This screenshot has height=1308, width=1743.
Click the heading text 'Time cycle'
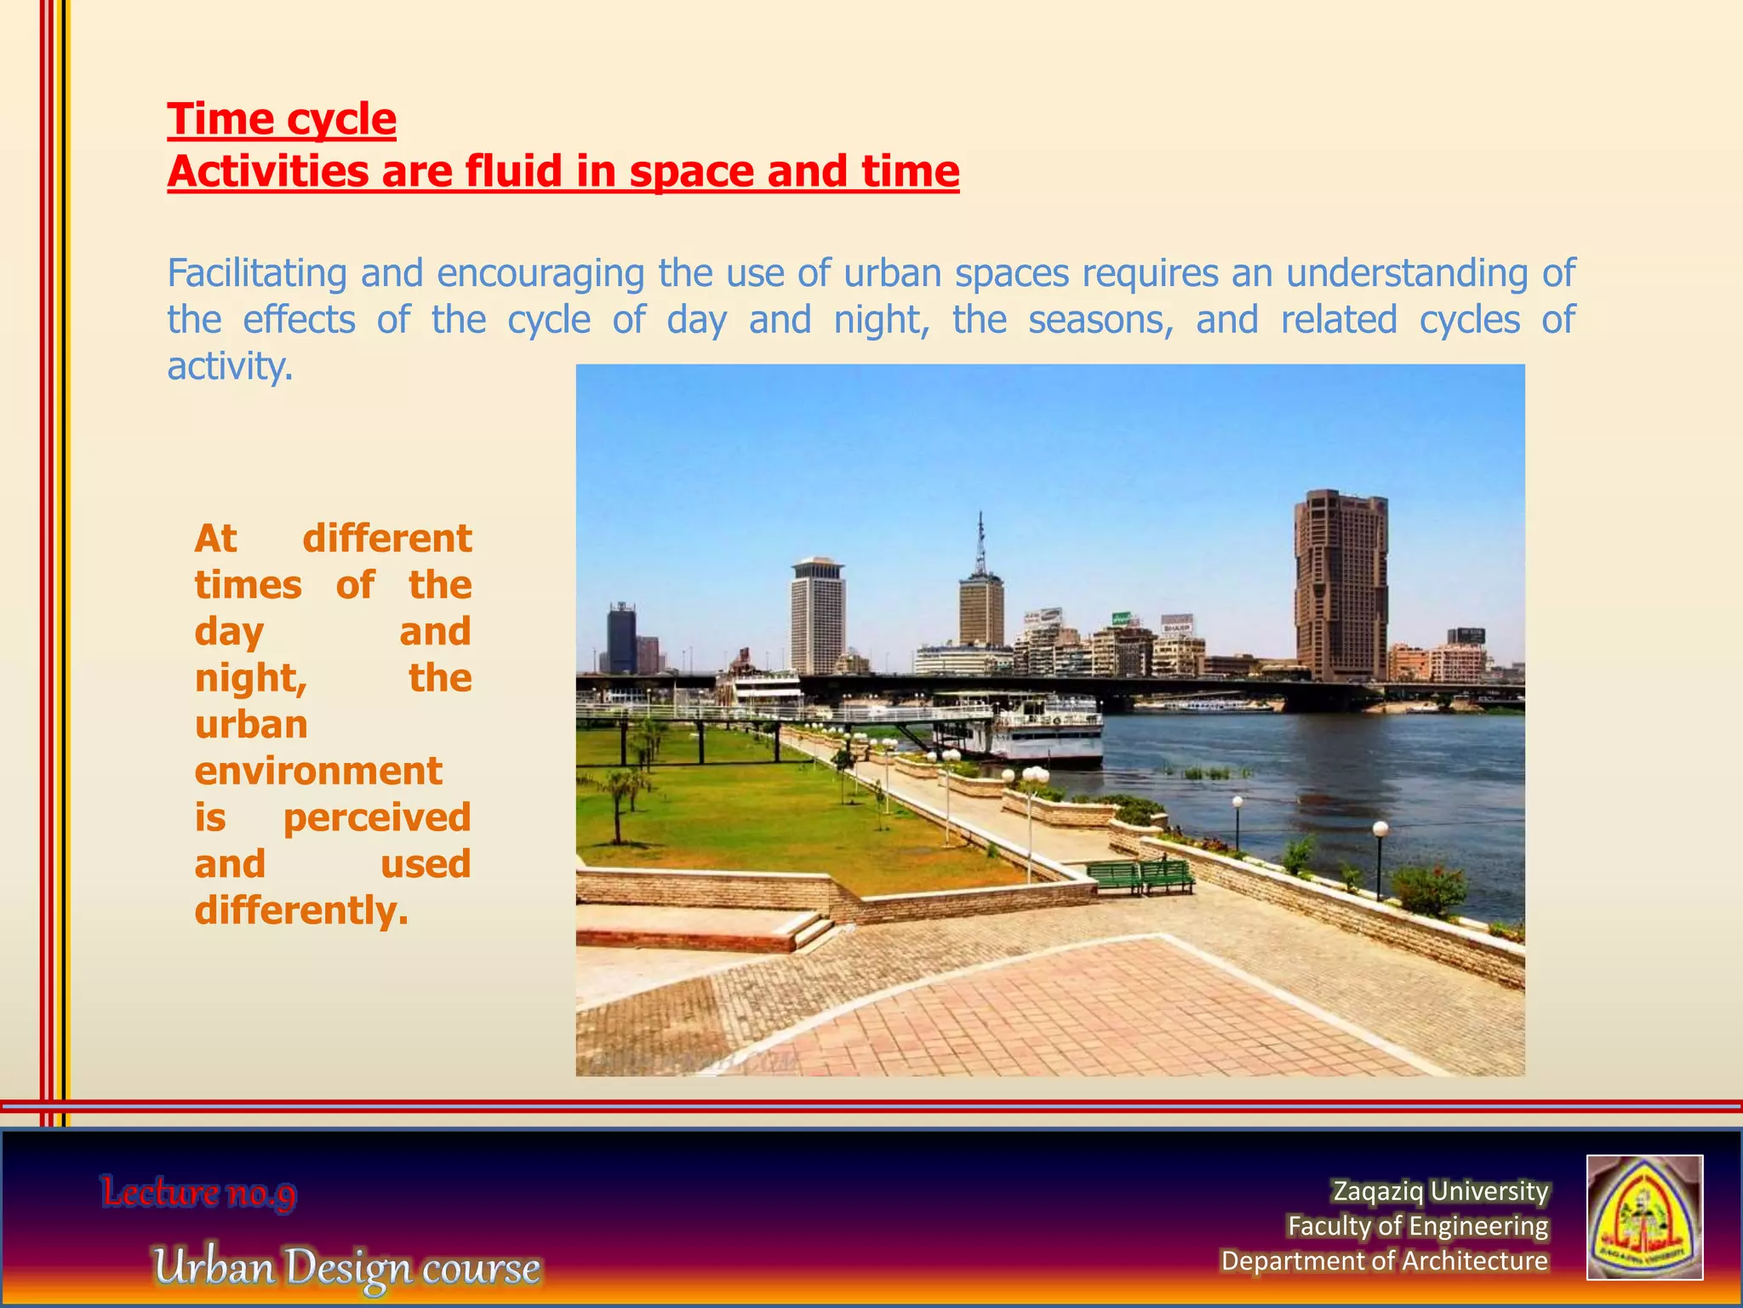tap(281, 118)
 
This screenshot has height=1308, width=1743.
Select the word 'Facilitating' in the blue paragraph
tap(256, 273)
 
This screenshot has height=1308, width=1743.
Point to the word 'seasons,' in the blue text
tap(1100, 320)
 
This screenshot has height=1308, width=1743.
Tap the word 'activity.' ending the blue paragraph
tap(230, 367)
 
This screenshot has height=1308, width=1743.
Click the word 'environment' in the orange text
tap(317, 771)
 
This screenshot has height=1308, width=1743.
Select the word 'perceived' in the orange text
tap(376, 817)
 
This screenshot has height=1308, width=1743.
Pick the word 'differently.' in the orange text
tap(301, 910)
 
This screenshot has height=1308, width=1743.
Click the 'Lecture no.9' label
tap(198, 1192)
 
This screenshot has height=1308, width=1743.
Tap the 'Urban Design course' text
tap(346, 1266)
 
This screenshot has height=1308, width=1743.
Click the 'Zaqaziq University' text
tap(1440, 1190)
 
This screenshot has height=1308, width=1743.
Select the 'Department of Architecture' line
tap(1384, 1260)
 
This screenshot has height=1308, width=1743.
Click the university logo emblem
tap(1643, 1217)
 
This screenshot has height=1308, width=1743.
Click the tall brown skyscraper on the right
tap(1340, 588)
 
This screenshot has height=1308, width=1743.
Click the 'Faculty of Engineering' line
tap(1417, 1225)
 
